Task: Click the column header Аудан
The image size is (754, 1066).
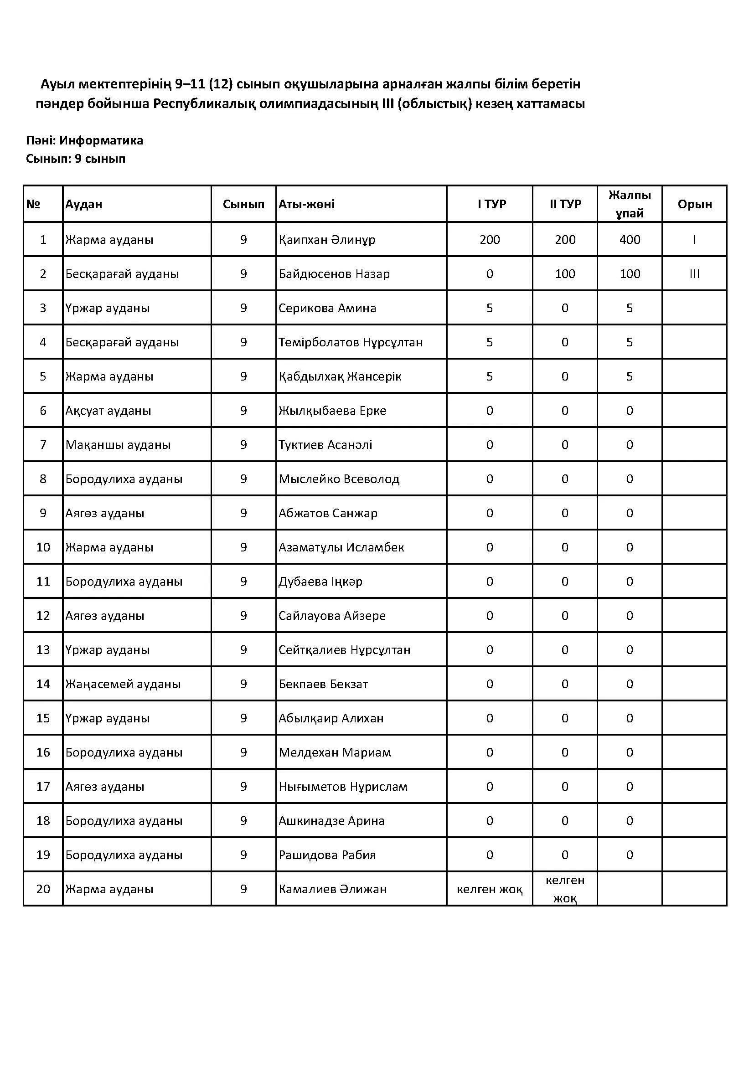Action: click(x=83, y=204)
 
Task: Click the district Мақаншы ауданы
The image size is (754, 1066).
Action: click(x=118, y=445)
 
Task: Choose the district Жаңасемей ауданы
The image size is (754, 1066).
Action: click(x=123, y=684)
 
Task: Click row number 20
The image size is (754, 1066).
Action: click(x=43, y=889)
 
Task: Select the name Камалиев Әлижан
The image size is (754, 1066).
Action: click(x=332, y=889)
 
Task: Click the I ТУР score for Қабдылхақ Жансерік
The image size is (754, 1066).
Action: click(x=489, y=376)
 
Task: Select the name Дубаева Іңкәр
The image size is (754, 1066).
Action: click(x=320, y=582)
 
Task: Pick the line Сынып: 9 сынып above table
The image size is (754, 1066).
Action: click(x=76, y=159)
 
